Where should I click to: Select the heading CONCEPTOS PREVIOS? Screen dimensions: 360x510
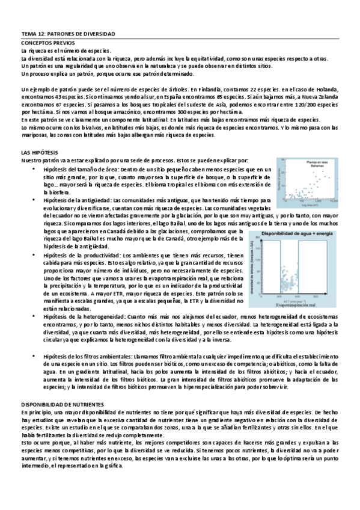pyautogui.click(x=49, y=44)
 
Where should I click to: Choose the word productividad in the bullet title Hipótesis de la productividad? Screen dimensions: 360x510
pyautogui.click(x=103, y=256)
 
